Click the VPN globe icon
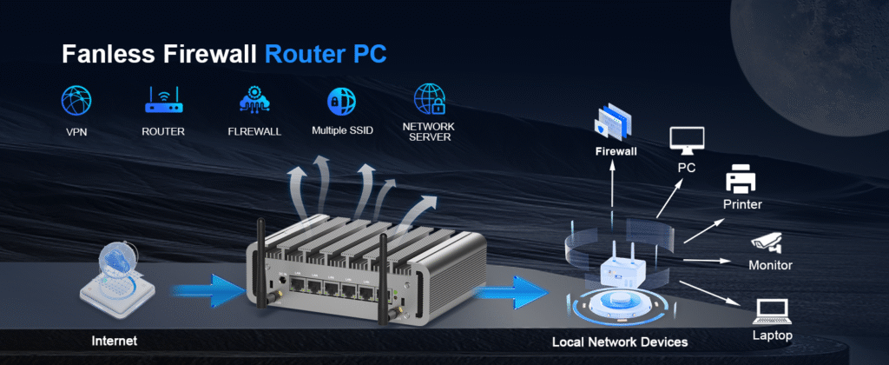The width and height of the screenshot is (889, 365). click(x=76, y=101)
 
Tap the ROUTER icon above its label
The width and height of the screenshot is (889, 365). click(x=163, y=101)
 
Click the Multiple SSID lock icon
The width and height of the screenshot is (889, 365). click(x=340, y=101)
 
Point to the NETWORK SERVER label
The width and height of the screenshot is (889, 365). click(x=428, y=132)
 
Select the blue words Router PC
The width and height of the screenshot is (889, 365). click(x=326, y=54)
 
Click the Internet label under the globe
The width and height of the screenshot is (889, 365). click(x=115, y=340)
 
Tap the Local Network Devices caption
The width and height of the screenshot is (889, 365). click(x=619, y=342)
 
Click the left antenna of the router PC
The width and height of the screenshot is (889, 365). click(x=259, y=261)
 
